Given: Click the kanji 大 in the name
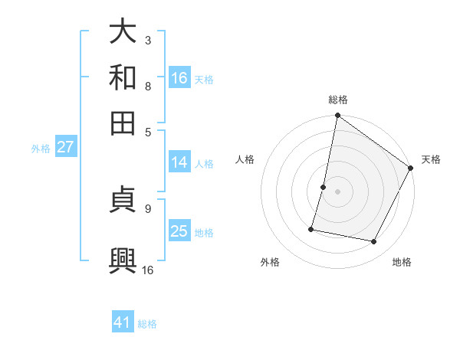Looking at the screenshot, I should click(123, 32).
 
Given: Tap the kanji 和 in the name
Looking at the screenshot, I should click(123, 77).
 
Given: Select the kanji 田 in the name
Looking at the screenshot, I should click(123, 122).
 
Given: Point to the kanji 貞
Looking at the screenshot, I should click(123, 202).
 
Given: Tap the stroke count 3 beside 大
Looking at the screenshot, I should click(147, 40).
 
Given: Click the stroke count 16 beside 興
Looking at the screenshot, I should click(148, 270).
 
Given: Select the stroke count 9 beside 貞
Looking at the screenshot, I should click(147, 208).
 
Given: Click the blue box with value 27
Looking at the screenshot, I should click(65, 147).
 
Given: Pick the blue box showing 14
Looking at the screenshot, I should click(179, 162).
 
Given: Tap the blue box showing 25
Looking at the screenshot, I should click(179, 231).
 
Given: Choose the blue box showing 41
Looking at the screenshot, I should click(123, 322).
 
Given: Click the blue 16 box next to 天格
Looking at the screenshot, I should click(179, 78).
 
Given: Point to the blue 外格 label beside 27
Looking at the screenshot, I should click(41, 149).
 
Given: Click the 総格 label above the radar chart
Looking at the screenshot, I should click(338, 100).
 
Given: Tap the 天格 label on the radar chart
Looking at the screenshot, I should click(431, 159).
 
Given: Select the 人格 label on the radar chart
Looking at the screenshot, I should click(245, 159).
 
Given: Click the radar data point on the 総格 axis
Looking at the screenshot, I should click(337, 116).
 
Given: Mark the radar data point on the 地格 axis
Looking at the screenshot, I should click(374, 241).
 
